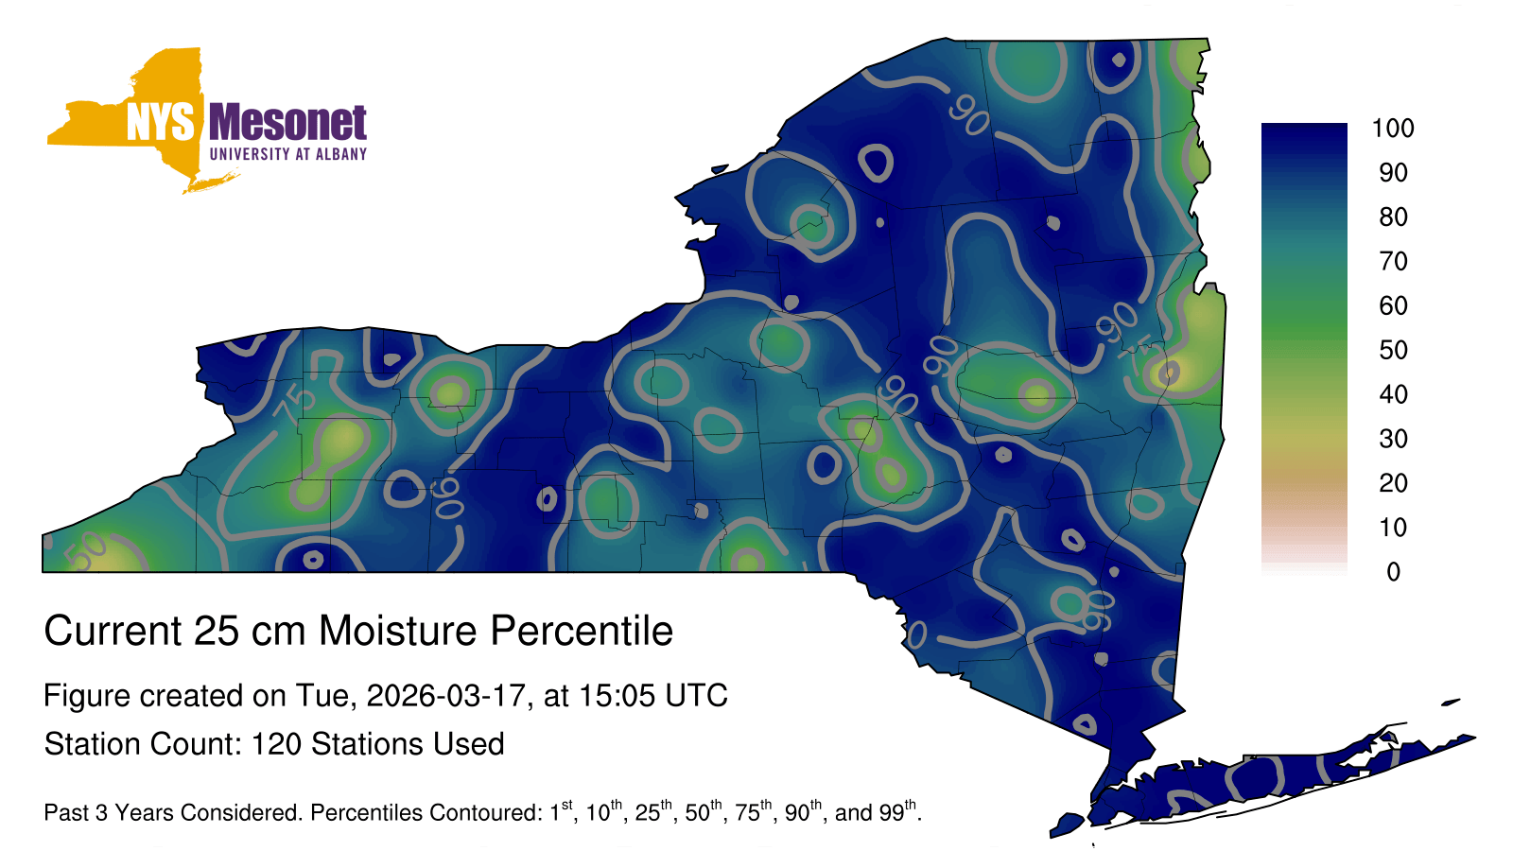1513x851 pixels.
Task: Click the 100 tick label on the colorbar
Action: (1393, 128)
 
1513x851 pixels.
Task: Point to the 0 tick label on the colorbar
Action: (1394, 572)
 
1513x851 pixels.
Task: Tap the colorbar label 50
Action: (1394, 350)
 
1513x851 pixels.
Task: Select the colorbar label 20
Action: (1394, 483)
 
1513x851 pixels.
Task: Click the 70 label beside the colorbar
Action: (1394, 261)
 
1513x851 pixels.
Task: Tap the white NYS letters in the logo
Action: (160, 122)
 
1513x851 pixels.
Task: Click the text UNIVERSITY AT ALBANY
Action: (288, 154)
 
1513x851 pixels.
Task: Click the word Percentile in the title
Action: (582, 631)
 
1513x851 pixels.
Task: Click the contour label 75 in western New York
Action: (295, 405)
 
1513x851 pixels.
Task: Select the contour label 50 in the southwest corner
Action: (86, 550)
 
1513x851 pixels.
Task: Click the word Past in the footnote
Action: (66, 812)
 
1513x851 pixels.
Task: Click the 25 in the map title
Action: (216, 631)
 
